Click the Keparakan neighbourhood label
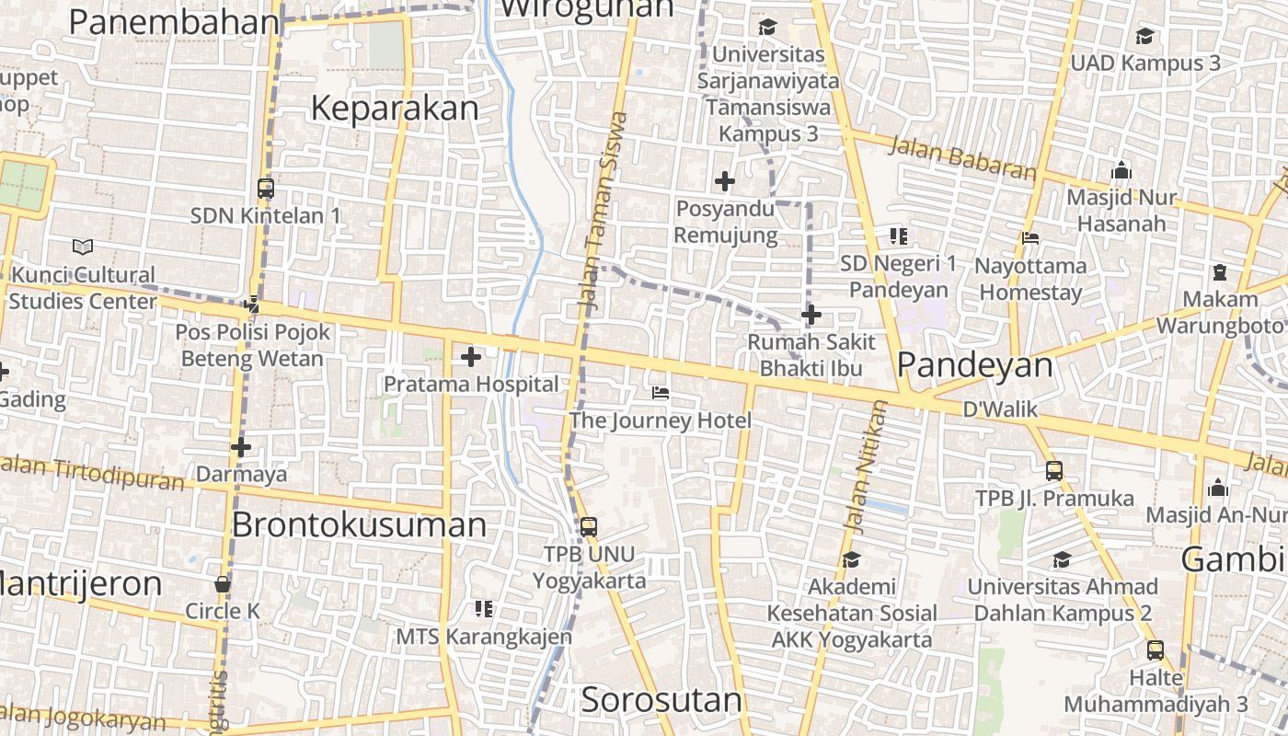[395, 109]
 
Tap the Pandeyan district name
[974, 365]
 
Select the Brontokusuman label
[359, 524]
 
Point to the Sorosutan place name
[661, 700]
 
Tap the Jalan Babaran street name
[963, 158]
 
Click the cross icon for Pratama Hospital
[471, 356]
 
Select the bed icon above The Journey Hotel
[660, 393]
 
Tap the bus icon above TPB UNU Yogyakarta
[589, 527]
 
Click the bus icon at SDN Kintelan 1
[266, 189]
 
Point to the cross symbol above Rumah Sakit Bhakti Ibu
[811, 316]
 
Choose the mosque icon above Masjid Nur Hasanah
[1121, 171]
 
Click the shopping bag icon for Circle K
[223, 584]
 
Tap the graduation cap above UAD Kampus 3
[1144, 37]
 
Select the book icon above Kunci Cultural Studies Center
[83, 247]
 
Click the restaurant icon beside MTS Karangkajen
[484, 608]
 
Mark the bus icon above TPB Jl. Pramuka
[1054, 471]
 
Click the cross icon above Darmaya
[241, 448]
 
